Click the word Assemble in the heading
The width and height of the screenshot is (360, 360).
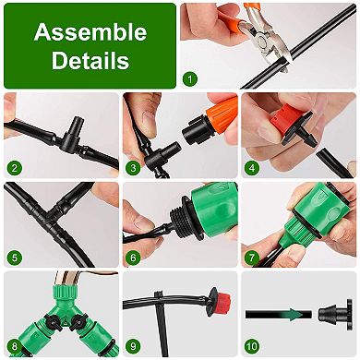90,33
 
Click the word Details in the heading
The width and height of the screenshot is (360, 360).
90,62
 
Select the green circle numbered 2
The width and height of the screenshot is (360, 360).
15,168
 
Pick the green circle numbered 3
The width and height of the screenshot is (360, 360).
134,168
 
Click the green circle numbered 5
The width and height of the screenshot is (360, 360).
15,258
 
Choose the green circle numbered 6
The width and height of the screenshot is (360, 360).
134,258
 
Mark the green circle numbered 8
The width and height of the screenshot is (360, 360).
15,348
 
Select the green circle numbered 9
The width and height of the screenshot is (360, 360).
134,348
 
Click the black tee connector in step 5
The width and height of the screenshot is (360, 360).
69,205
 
